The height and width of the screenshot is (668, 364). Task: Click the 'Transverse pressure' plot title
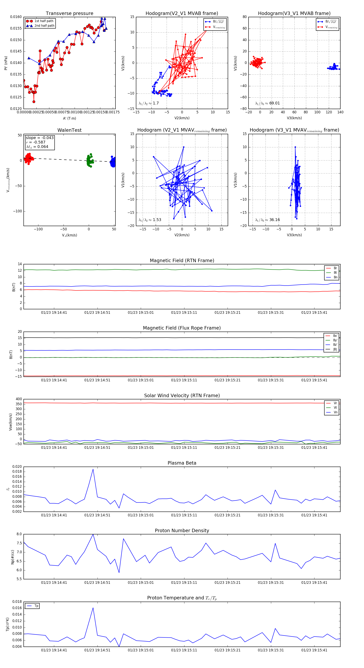(x=69, y=14)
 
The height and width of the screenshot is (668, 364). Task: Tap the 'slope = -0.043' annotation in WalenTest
(x=40, y=138)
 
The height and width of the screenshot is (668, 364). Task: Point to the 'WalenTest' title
(x=69, y=130)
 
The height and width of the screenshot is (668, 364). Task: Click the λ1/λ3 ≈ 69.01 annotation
(x=267, y=103)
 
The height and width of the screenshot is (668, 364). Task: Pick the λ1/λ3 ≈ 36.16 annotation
(x=267, y=220)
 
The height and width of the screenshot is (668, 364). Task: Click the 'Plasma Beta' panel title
(x=182, y=463)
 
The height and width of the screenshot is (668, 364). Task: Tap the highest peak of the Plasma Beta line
(x=93, y=469)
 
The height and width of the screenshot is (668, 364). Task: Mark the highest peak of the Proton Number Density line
(x=93, y=534)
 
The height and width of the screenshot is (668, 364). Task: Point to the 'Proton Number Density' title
(x=182, y=531)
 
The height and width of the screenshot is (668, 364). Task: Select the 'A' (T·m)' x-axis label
(x=69, y=118)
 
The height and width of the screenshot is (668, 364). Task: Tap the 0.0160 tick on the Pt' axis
(x=16, y=17)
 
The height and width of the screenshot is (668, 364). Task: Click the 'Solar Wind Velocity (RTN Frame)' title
(x=182, y=396)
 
